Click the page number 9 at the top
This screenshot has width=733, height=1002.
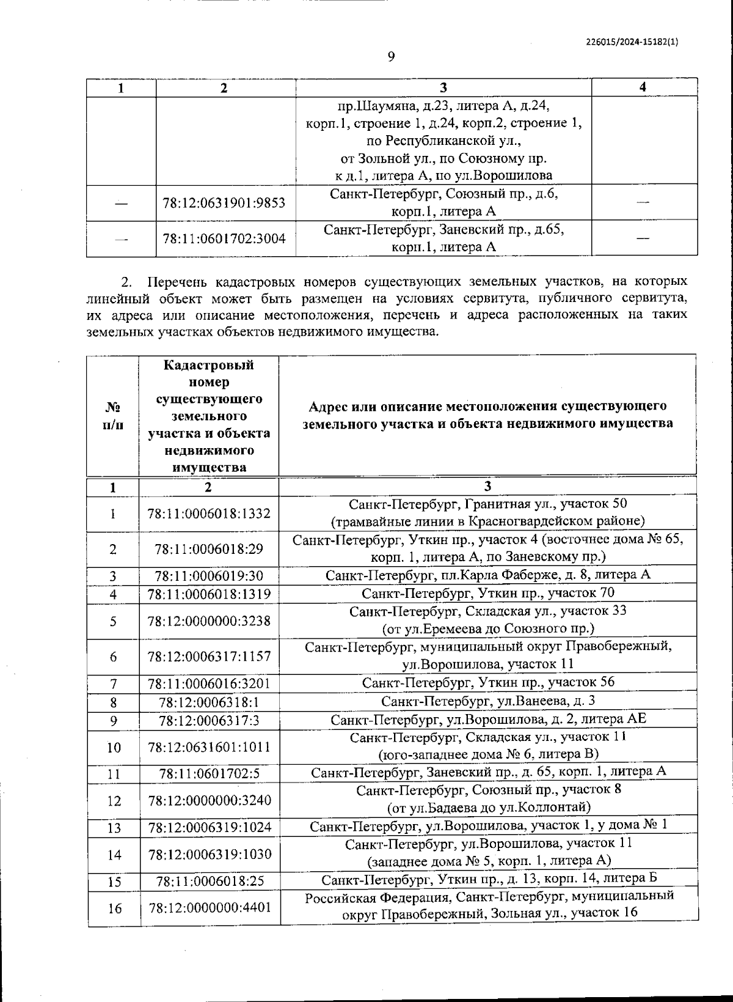(x=392, y=57)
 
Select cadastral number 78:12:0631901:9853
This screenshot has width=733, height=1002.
(x=224, y=202)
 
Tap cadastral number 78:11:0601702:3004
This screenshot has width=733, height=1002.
(x=224, y=238)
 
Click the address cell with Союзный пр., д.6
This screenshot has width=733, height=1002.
(x=443, y=202)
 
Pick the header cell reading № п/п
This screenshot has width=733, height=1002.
(x=113, y=416)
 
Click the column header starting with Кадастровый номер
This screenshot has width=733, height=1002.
(x=209, y=416)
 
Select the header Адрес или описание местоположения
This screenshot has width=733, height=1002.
(x=487, y=414)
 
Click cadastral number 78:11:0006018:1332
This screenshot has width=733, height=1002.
(x=209, y=514)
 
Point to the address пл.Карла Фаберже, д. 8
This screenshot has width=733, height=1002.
(x=487, y=575)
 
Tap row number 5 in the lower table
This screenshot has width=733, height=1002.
(x=113, y=621)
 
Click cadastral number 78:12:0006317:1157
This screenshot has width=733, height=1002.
(x=209, y=657)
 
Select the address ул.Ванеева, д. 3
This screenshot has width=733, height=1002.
(x=487, y=701)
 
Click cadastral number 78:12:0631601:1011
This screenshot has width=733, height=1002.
(x=209, y=746)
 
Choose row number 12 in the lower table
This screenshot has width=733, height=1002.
(x=114, y=800)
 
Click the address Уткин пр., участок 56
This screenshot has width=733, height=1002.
(x=487, y=682)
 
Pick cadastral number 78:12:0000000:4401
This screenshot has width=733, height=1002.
(x=210, y=908)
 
